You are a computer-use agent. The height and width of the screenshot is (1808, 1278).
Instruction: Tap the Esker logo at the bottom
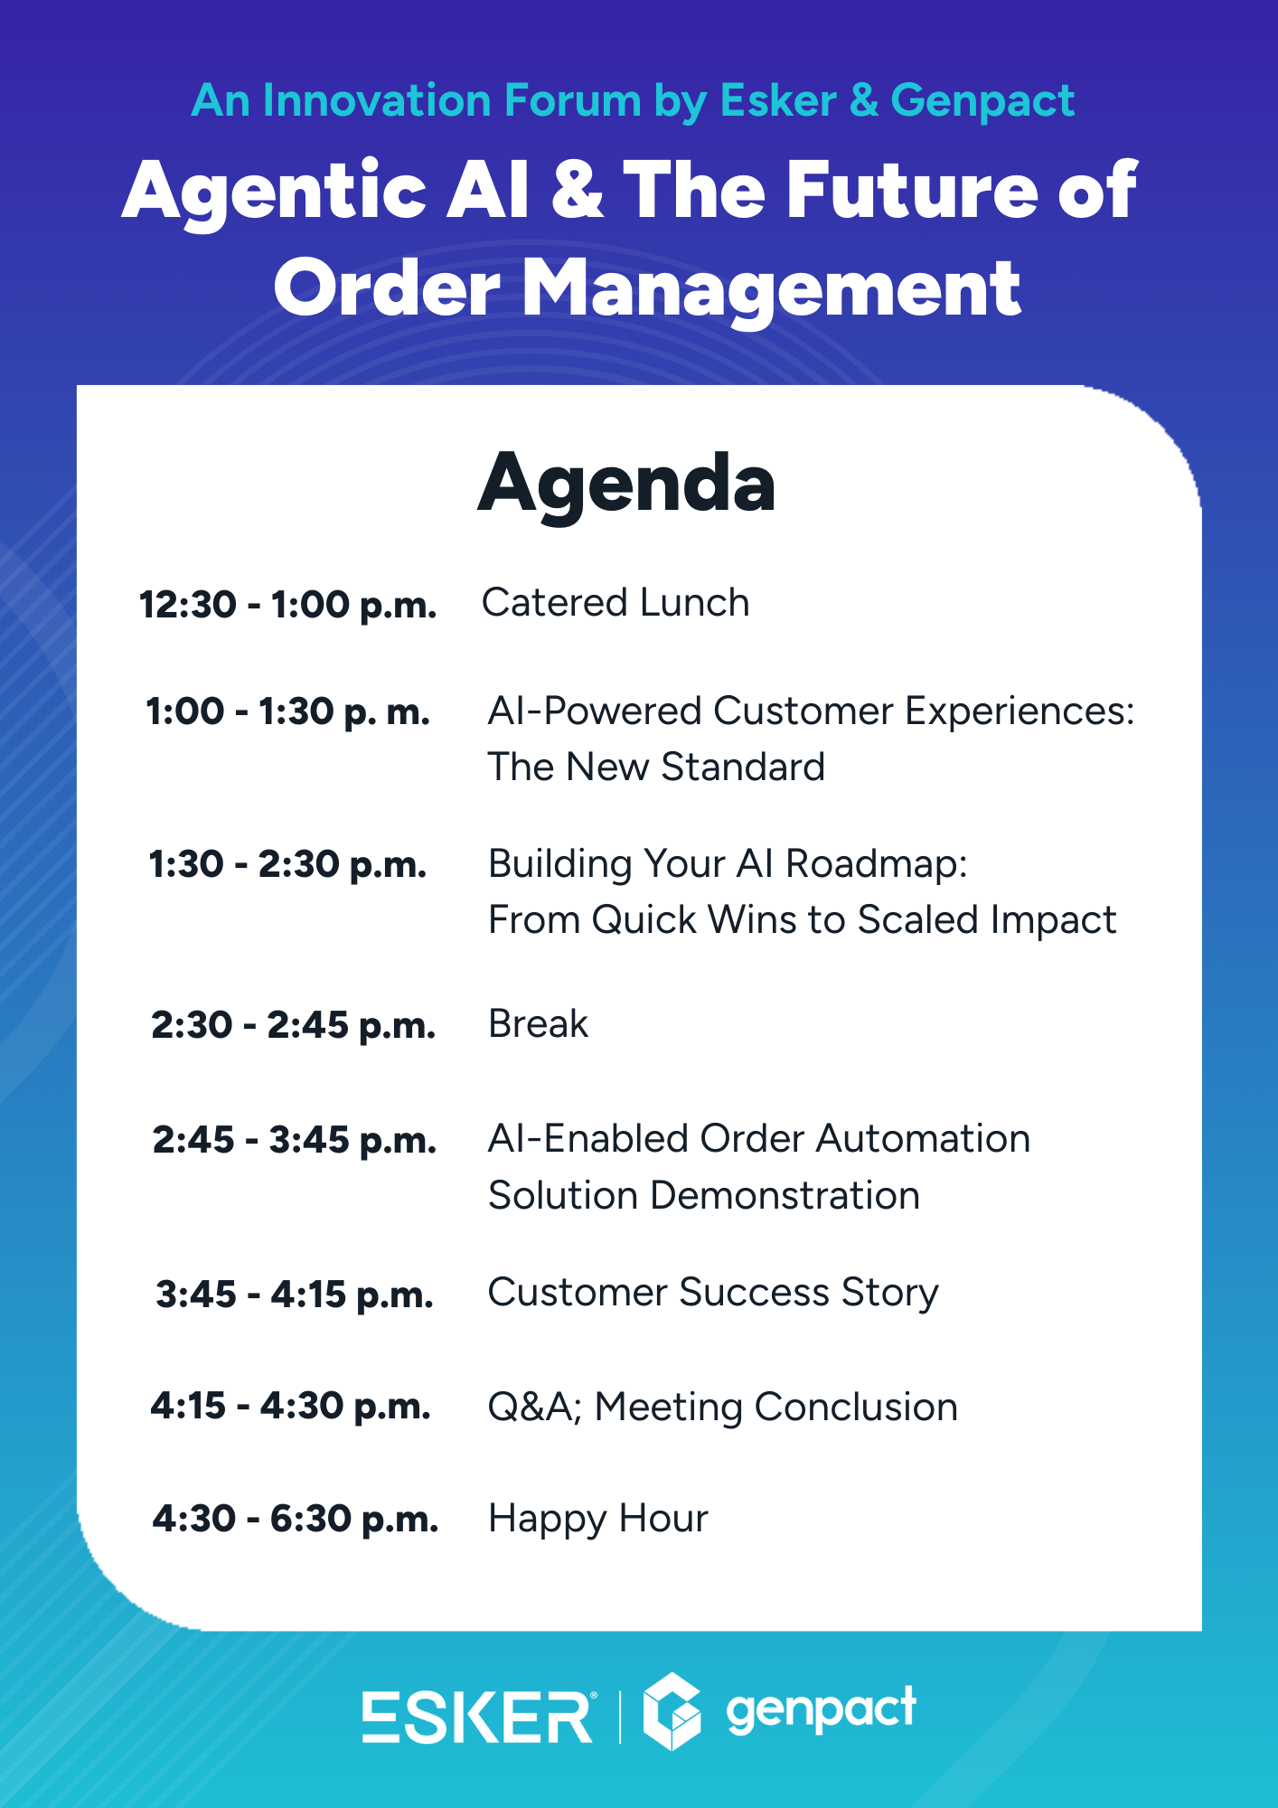click(x=478, y=1717)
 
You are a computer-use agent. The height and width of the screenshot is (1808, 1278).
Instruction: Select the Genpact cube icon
click(x=672, y=1711)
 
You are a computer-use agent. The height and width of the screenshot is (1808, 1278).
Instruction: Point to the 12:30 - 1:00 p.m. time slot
click(x=287, y=605)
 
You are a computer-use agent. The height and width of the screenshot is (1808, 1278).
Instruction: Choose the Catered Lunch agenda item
click(x=616, y=602)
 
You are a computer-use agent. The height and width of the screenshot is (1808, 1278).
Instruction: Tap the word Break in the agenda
click(x=539, y=1023)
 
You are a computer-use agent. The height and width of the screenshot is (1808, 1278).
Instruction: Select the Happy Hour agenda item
click(x=598, y=1519)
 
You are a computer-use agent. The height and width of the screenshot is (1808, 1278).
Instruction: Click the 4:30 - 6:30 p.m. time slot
click(x=295, y=1520)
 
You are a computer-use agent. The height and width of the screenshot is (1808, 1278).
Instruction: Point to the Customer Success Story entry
click(x=714, y=1293)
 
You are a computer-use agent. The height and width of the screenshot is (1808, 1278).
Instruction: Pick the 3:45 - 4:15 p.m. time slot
click(x=295, y=1295)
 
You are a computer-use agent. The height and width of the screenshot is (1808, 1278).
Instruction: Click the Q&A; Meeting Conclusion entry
click(x=723, y=1408)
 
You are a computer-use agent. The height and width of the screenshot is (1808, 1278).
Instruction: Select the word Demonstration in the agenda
click(x=785, y=1195)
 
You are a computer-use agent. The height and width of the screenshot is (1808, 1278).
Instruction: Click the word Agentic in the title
click(x=275, y=193)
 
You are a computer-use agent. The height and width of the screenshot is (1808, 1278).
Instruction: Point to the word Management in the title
click(x=772, y=290)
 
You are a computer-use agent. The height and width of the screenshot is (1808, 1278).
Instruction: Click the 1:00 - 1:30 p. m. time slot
click(x=287, y=712)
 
